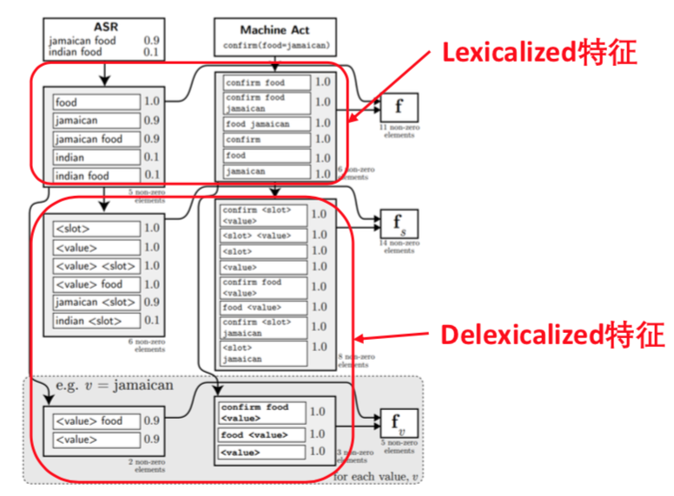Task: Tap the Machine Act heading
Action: coord(274,29)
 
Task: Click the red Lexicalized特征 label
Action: coord(539,53)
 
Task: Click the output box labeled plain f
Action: coord(399,108)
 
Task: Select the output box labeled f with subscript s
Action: coord(399,225)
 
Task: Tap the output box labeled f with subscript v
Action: coord(399,422)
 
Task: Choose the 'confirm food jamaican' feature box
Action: coord(265,103)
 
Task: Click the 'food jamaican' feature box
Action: coord(265,124)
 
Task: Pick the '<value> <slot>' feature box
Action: coord(96,265)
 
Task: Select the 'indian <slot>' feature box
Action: coord(96,321)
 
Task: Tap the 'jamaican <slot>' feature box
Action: coord(96,302)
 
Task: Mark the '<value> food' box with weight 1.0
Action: coord(96,284)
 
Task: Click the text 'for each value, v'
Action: coord(375,477)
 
